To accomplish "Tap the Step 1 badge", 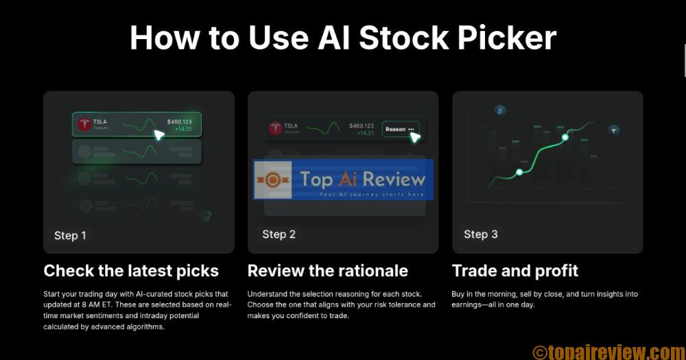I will [70, 235].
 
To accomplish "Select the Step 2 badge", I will [279, 234].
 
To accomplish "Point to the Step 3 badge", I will [480, 234].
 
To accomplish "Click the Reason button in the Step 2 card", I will [400, 129].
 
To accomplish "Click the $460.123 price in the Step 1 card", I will [179, 121].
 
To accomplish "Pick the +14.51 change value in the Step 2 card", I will [365, 133].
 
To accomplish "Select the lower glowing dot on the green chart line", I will [519, 171].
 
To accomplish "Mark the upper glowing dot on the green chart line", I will [565, 138].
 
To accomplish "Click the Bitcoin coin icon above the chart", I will [500, 110].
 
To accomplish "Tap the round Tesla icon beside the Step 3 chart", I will [614, 130].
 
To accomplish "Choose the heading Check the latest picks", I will [131, 270].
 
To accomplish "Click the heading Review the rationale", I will [327, 270].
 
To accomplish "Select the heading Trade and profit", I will [514, 270].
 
